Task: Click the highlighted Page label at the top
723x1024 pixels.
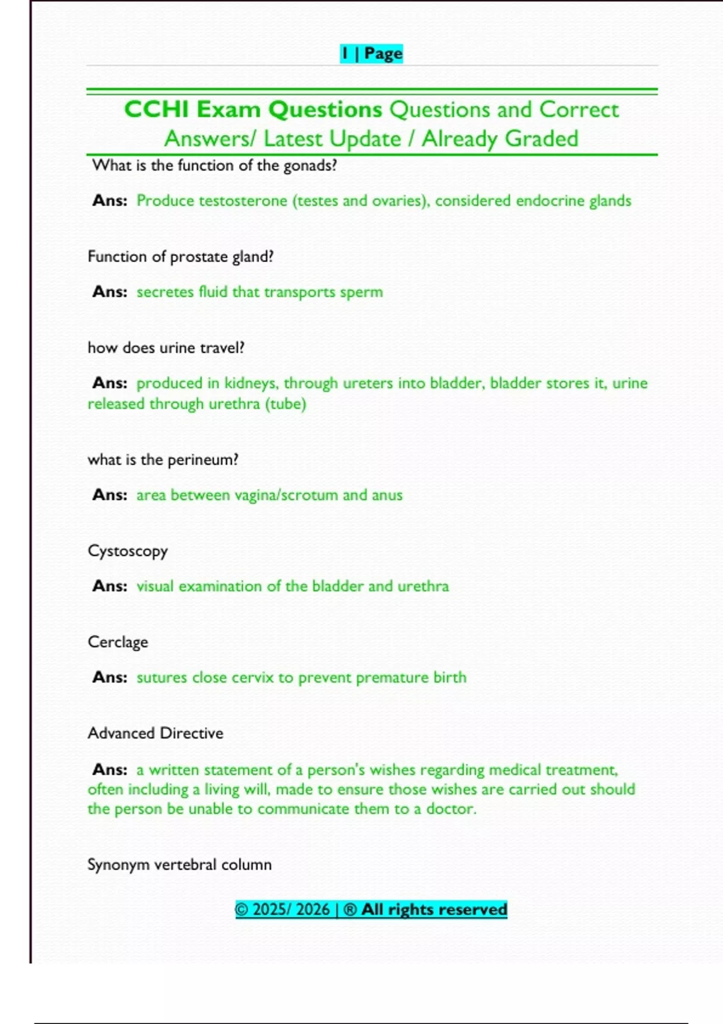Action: [383, 54]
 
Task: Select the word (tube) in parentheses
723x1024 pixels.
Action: [285, 404]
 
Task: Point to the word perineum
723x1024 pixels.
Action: [202, 460]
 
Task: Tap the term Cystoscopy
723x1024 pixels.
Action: [128, 551]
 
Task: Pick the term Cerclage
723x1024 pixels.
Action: [117, 642]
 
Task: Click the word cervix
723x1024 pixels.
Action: [252, 678]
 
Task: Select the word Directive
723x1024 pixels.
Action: [192, 733]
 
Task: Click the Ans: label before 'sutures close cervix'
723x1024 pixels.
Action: [110, 678]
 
